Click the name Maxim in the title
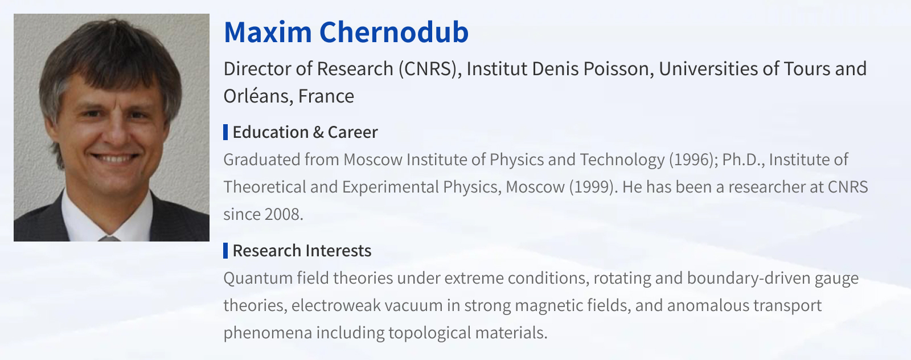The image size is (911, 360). tap(268, 32)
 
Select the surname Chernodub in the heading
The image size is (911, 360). tap(394, 32)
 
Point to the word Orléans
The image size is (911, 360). tap(258, 96)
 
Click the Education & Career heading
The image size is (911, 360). tap(305, 132)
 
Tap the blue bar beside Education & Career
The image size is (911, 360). tap(225, 132)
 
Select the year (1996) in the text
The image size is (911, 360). tap(693, 159)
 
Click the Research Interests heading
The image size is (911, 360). tap(302, 251)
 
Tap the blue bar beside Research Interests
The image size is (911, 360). tap(225, 251)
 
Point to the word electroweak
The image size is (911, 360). tap(336, 305)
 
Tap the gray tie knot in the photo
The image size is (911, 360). tap(108, 238)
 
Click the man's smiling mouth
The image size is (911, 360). tap(114, 157)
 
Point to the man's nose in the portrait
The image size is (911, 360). tap(114, 130)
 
